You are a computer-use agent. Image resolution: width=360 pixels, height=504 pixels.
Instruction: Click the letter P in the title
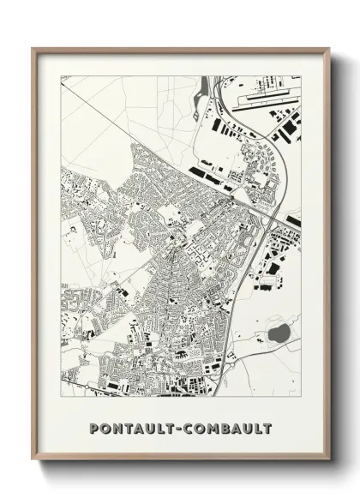93,428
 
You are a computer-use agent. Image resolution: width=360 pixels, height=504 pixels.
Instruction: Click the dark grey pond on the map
279,331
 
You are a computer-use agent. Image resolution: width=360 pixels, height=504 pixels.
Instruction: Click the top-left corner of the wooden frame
33,49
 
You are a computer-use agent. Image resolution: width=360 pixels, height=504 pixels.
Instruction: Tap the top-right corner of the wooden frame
328,49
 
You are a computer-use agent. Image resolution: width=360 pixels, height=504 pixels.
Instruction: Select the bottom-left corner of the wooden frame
33,460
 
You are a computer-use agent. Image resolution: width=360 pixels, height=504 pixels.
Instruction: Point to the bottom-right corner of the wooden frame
328,460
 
